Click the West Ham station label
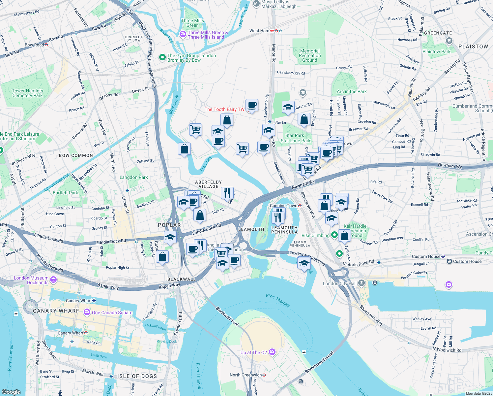[259, 31]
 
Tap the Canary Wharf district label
[56, 311]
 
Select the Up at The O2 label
[254, 352]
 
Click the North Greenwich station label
[246, 375]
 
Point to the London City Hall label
[339, 283]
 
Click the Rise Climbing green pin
[334, 235]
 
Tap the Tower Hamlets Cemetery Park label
[28, 93]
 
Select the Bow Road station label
[34, 45]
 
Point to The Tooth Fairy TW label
[224, 109]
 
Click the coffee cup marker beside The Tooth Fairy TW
[252, 106]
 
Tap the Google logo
[11, 392]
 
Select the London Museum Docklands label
[31, 280]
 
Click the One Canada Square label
[112, 313]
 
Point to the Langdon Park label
[133, 177]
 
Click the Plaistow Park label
[436, 51]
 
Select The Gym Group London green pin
[162, 57]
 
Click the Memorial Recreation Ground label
[309, 55]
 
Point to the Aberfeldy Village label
[208, 184]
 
